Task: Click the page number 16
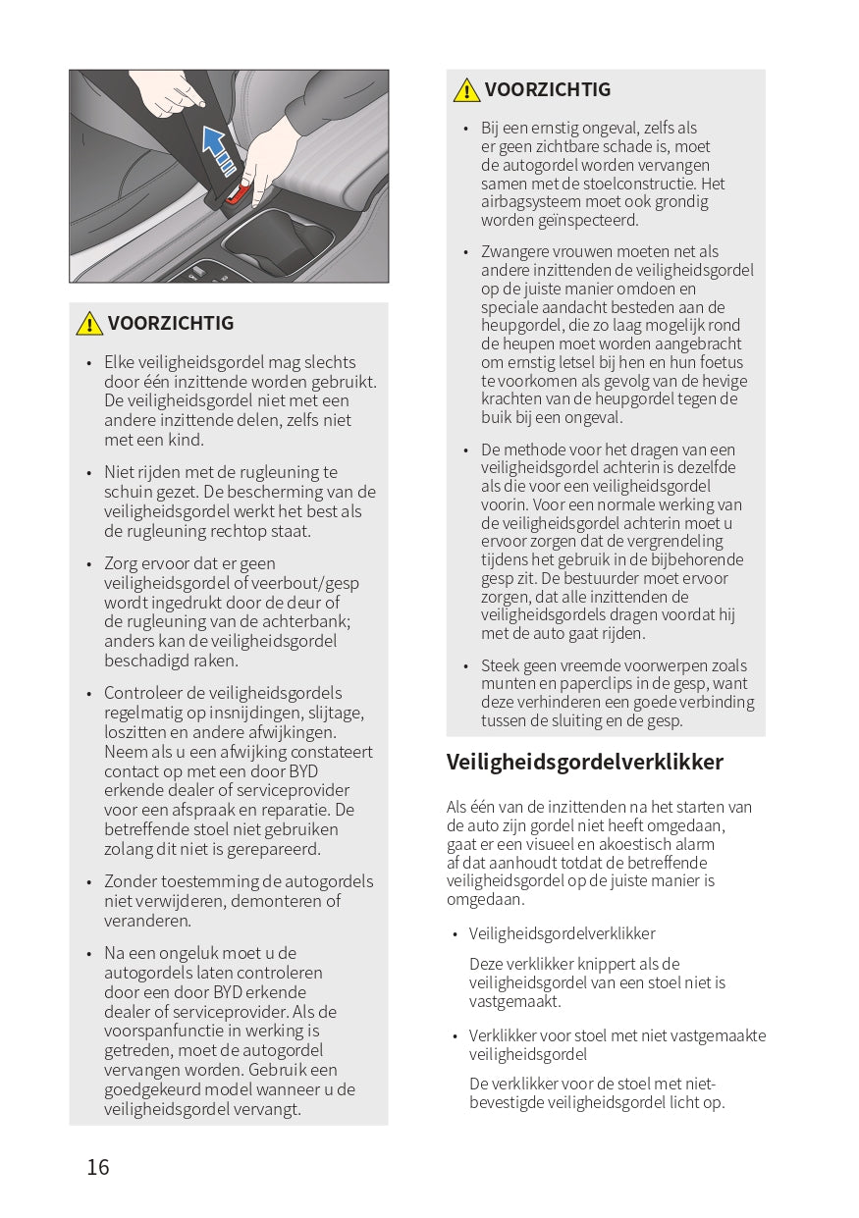tap(98, 1167)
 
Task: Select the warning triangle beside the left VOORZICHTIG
tap(89, 323)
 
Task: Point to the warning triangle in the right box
tap(466, 90)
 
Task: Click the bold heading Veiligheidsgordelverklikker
tap(585, 762)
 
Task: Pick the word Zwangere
tap(512, 251)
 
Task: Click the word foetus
tap(723, 362)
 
